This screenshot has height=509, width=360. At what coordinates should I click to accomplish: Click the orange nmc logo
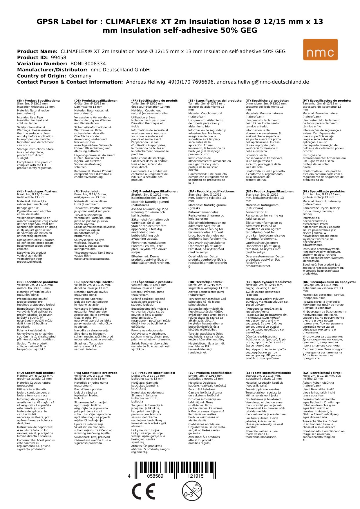tap(320, 50)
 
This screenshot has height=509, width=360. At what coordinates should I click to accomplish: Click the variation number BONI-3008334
tap(88, 64)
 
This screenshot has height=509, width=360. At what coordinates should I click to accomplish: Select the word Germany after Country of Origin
tap(80, 76)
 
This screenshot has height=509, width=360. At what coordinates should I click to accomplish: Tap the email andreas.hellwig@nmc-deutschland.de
tap(263, 82)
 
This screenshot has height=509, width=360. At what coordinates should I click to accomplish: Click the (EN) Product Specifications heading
tap(39, 101)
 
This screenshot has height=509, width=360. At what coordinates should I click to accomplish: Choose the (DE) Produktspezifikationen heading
tap(96, 101)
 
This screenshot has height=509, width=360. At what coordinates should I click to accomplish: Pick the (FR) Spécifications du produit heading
tap(155, 101)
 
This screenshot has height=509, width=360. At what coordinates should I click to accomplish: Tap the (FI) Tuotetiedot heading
tap(87, 192)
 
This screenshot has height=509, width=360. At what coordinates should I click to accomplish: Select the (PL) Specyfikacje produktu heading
tap(324, 192)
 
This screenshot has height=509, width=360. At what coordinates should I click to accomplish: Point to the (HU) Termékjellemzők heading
tap(206, 282)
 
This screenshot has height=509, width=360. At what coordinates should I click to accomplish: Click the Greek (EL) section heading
tap(269, 282)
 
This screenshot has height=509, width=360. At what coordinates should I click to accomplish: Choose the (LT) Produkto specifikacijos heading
tap(153, 373)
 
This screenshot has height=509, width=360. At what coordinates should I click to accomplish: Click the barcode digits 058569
tap(155, 476)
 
